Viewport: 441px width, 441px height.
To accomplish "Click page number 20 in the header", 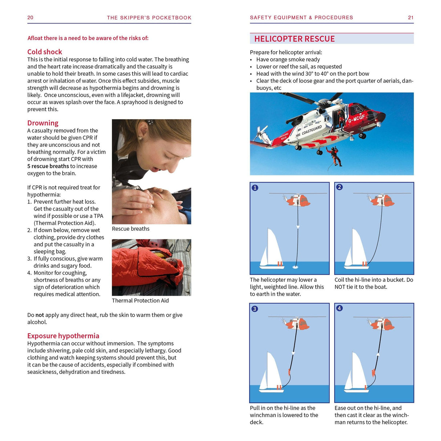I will pos(30,17).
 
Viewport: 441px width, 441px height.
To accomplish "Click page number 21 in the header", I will pos(410,17).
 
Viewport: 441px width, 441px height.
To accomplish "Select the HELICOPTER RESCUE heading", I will pos(294,39).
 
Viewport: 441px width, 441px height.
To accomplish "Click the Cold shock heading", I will pos(45,52).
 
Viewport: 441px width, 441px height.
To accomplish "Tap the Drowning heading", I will pos(43,123).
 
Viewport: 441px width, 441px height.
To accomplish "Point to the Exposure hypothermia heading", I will pos(63,336).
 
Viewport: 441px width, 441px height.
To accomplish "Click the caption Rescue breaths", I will pos(130,228).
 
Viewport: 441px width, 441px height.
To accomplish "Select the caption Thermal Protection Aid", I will pos(140,300).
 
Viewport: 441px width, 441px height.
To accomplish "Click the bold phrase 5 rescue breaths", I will pos(48,166).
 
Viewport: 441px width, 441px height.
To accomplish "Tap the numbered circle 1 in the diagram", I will pos(255,187).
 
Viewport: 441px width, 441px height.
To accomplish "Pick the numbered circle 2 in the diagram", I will pos(339,187).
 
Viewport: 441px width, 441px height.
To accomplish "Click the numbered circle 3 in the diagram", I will pos(255,309).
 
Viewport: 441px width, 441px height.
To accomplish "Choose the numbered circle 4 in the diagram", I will pos(339,308).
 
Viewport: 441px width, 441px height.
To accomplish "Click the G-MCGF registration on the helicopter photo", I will pos(356,118).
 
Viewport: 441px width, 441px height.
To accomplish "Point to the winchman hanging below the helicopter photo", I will pos(333,155).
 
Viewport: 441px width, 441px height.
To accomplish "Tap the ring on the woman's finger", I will pos(131,198).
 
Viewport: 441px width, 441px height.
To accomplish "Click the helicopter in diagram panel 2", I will pos(381,199).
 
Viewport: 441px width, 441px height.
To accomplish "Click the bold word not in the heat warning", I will pos(40,315).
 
